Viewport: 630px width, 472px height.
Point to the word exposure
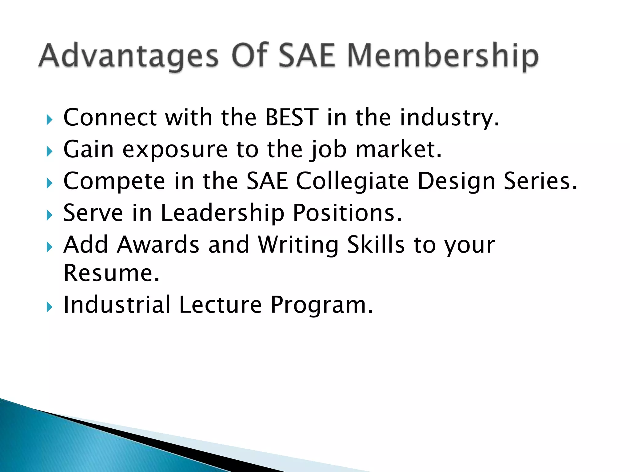click(175, 150)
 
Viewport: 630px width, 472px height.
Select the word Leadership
click(222, 213)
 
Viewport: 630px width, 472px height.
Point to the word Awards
click(158, 245)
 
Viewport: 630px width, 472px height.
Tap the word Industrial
click(117, 305)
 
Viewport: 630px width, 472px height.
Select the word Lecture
click(220, 305)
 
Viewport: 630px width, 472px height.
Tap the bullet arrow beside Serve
click(49, 215)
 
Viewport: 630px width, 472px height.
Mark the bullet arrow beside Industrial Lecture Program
click(49, 307)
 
